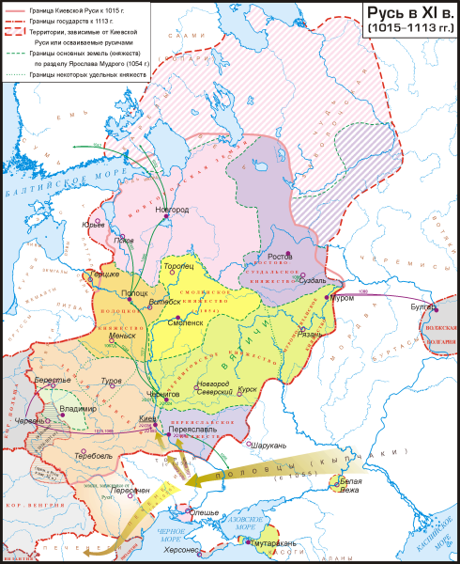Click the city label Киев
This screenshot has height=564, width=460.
[x=146, y=416]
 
